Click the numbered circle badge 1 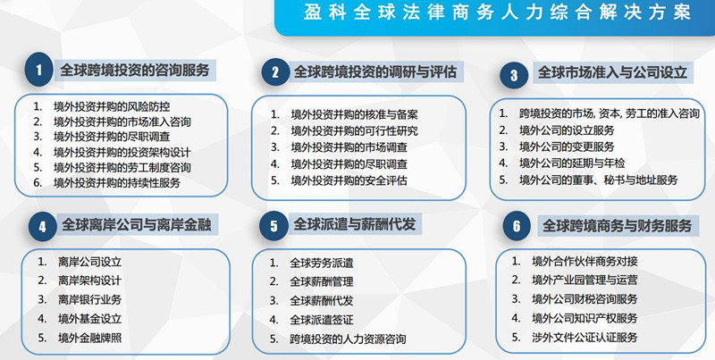(38, 70)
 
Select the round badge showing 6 (517, 226)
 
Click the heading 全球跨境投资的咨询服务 (135, 71)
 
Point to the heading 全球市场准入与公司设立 (612, 73)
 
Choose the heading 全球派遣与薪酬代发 (354, 224)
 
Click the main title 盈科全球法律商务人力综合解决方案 (498, 13)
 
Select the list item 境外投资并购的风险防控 (112, 106)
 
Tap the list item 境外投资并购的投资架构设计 (122, 152)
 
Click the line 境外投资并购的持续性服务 (117, 183)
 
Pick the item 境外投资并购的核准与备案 (354, 114)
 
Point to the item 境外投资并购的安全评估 (349, 180)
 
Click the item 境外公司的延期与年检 (572, 163)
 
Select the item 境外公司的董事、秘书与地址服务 (598, 180)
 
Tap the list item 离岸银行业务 (90, 299)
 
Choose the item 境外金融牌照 (90, 338)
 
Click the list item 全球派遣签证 (322, 320)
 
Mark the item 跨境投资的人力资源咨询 (348, 339)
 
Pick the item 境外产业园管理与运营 (585, 280)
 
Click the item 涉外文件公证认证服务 (585, 337)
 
